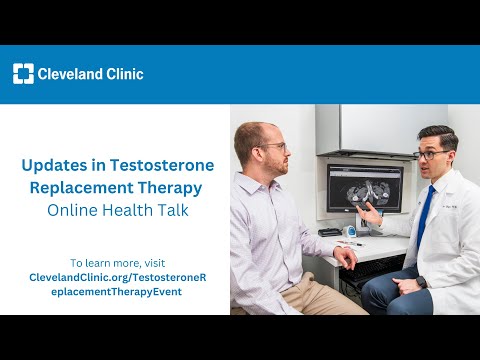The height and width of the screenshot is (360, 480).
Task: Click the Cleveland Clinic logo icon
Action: pyautogui.click(x=23, y=73)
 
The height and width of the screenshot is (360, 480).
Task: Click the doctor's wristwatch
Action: pyautogui.click(x=421, y=282)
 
